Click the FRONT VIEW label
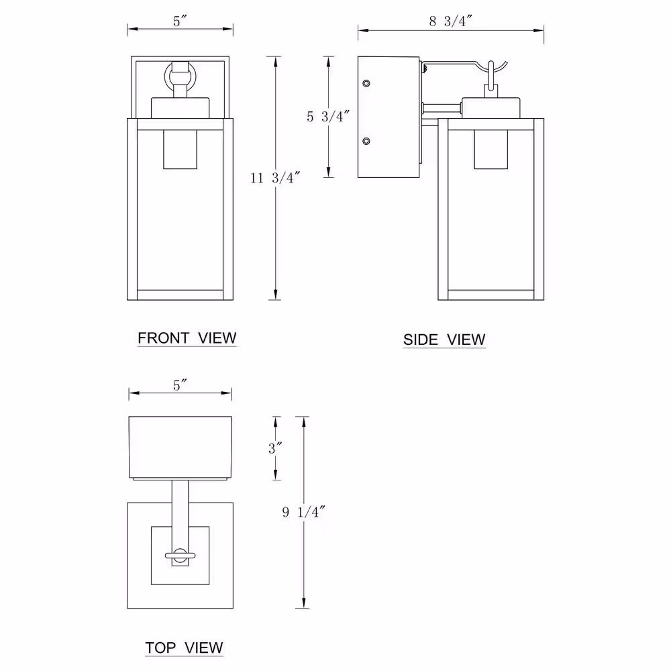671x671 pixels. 187,338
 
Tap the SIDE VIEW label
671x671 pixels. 444,340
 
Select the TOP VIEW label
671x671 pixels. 184,648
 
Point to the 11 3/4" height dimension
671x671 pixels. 274,178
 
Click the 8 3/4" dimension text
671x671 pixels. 451,21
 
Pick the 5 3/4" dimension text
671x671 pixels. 328,116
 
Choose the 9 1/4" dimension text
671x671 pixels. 303,512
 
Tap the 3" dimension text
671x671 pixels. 275,448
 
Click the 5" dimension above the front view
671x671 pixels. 180,21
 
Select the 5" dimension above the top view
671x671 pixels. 180,385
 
